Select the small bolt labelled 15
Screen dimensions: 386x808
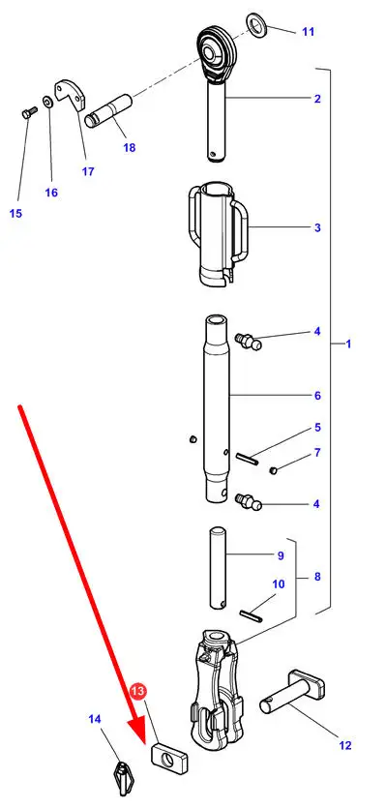[29, 112]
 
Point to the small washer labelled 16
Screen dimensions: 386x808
[46, 100]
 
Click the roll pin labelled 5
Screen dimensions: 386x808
[247, 458]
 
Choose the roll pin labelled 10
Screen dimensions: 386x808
[252, 615]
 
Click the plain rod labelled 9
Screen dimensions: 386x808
[218, 567]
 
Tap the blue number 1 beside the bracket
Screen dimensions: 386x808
[348, 344]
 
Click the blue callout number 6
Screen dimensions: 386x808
[317, 395]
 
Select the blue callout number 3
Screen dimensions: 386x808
[317, 227]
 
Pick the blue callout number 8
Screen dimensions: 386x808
[317, 577]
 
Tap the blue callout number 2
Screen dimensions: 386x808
[317, 99]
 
